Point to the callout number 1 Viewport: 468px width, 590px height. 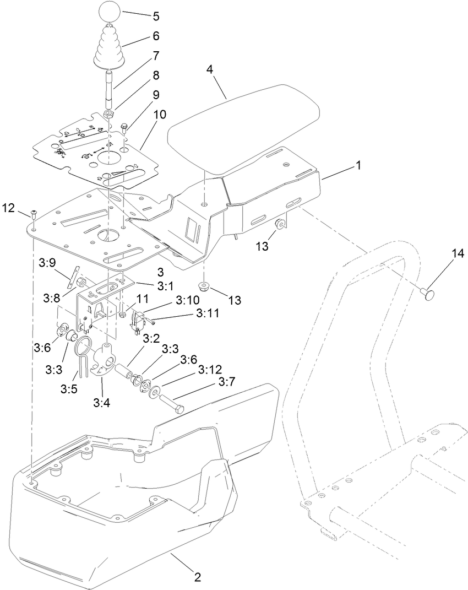(x=358, y=165)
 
